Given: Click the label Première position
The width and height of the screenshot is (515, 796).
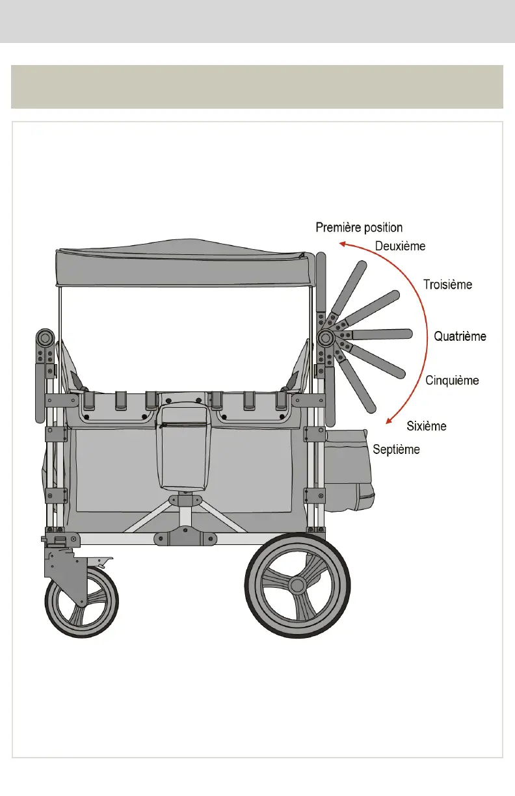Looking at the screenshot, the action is tap(359, 228).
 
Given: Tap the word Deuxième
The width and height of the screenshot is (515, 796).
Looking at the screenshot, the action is tap(400, 246).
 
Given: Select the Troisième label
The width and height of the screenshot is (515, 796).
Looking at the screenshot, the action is tap(447, 284).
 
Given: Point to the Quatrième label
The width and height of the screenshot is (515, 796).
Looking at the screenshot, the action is tap(460, 336).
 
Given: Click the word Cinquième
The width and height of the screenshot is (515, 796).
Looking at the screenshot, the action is tap(452, 380).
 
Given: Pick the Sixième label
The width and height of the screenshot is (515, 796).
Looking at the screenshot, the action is tap(427, 426).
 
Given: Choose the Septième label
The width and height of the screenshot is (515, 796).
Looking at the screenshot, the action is tap(396, 449).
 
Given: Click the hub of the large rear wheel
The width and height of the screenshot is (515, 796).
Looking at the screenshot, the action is tap(297, 585).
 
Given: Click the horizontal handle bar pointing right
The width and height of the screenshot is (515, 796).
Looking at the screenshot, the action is tap(380, 334).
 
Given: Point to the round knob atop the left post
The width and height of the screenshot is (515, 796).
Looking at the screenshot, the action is tap(46, 338).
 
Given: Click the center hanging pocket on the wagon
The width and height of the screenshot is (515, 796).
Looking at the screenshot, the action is tap(184, 449).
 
